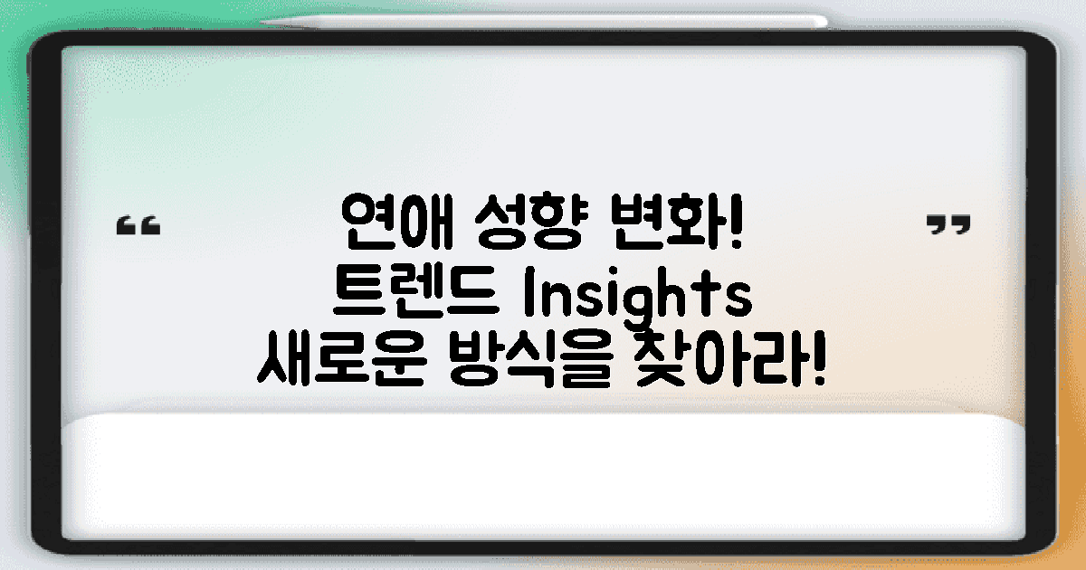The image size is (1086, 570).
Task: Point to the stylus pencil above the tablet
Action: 543,20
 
